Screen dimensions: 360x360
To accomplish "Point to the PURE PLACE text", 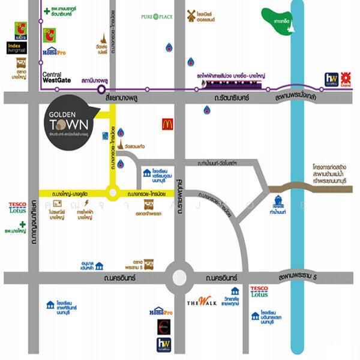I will click(x=157, y=17).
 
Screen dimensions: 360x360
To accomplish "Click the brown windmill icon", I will click(x=191, y=15).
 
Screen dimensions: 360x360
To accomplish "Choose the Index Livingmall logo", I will click(x=17, y=47).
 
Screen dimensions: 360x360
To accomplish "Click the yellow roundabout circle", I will click(x=113, y=193).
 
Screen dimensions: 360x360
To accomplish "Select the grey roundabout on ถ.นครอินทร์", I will click(x=181, y=278).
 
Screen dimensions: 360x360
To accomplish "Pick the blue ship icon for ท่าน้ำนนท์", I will click(x=277, y=202).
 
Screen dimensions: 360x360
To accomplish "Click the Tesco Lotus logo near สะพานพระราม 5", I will click(x=259, y=292).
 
